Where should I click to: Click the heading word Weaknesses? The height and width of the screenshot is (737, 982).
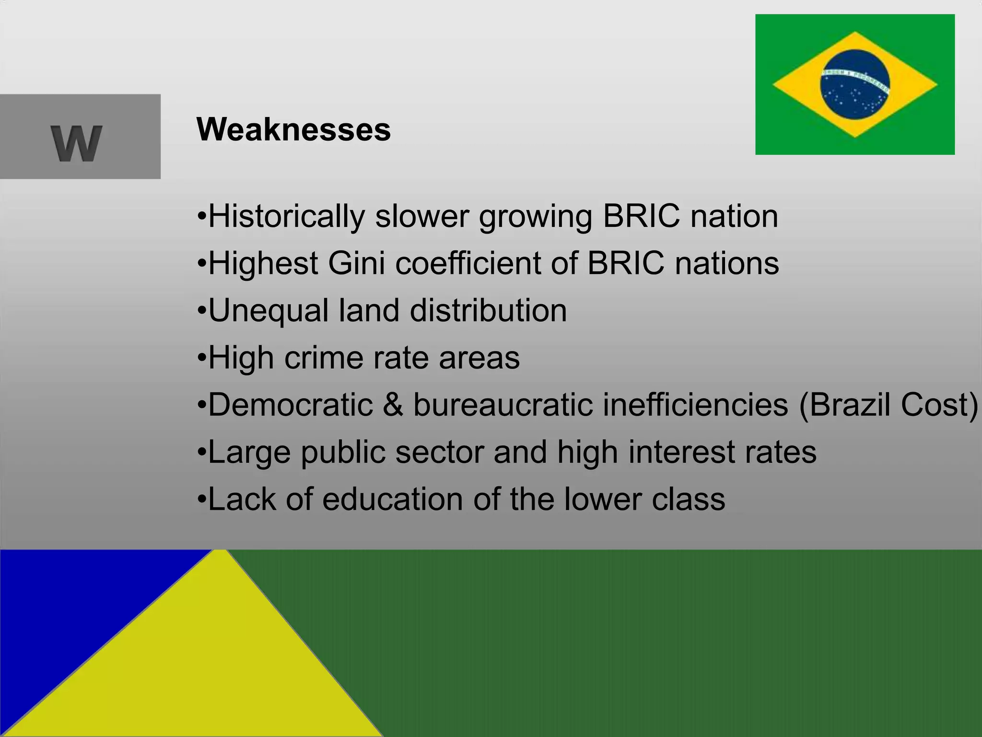point(293,130)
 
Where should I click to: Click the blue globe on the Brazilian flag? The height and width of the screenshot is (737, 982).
point(855,84)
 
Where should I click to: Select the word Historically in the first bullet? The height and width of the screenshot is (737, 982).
point(286,216)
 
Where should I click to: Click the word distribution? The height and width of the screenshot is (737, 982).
point(488,310)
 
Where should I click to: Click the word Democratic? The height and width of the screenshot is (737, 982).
point(291,404)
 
